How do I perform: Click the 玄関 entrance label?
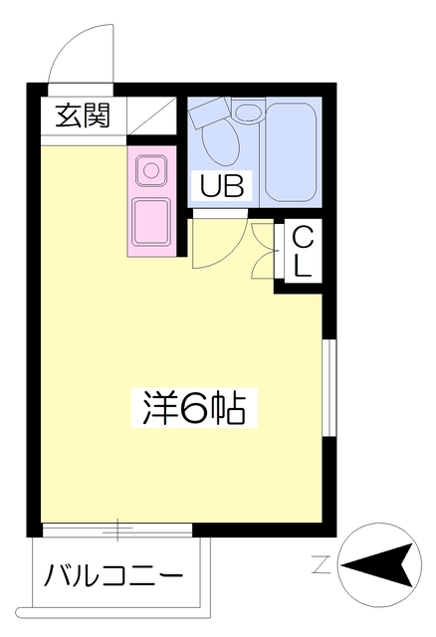point(83,115)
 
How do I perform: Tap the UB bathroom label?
point(222,185)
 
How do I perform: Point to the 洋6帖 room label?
point(188,407)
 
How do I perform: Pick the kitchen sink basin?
point(150,220)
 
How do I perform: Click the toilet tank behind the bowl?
point(211,115)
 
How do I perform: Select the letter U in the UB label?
point(211,185)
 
